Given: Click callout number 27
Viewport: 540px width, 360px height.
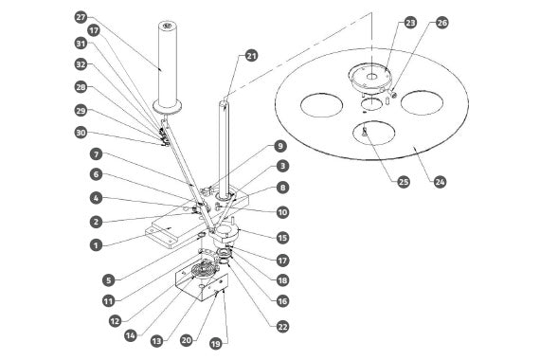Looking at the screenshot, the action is pyautogui.click(x=81, y=17).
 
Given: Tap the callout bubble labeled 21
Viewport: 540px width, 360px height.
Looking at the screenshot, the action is pyautogui.click(x=251, y=56).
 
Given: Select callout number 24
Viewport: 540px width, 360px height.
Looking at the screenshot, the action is pyautogui.click(x=440, y=182).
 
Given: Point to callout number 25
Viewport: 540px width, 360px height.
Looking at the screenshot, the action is pyautogui.click(x=404, y=182).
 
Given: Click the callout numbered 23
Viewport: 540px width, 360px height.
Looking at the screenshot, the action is pyautogui.click(x=410, y=23).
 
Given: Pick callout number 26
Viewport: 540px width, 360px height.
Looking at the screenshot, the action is pyautogui.click(x=441, y=23).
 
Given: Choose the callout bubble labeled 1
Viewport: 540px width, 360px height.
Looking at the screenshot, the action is pyautogui.click(x=96, y=245).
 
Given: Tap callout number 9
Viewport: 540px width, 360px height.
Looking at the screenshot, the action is pyautogui.click(x=280, y=146).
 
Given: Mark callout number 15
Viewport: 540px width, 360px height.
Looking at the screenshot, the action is pyautogui.click(x=282, y=238).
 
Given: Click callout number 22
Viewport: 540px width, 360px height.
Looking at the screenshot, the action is pyautogui.click(x=282, y=327).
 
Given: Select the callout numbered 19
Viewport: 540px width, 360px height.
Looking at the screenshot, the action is pyautogui.click(x=216, y=344).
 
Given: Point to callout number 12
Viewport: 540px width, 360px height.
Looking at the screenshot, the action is pyautogui.click(x=115, y=321).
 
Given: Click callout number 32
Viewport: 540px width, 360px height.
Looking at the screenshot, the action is pyautogui.click(x=81, y=64).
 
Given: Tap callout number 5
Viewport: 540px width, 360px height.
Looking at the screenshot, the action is pyautogui.click(x=109, y=280).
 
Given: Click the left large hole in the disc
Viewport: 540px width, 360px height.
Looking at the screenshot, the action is pyautogui.click(x=321, y=105).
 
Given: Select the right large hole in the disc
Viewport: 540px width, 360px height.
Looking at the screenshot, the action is pyautogui.click(x=422, y=102).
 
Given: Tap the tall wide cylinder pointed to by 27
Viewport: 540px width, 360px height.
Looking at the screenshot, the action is pyautogui.click(x=168, y=66).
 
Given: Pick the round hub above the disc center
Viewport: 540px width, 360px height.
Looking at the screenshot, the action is pyautogui.click(x=370, y=78).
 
